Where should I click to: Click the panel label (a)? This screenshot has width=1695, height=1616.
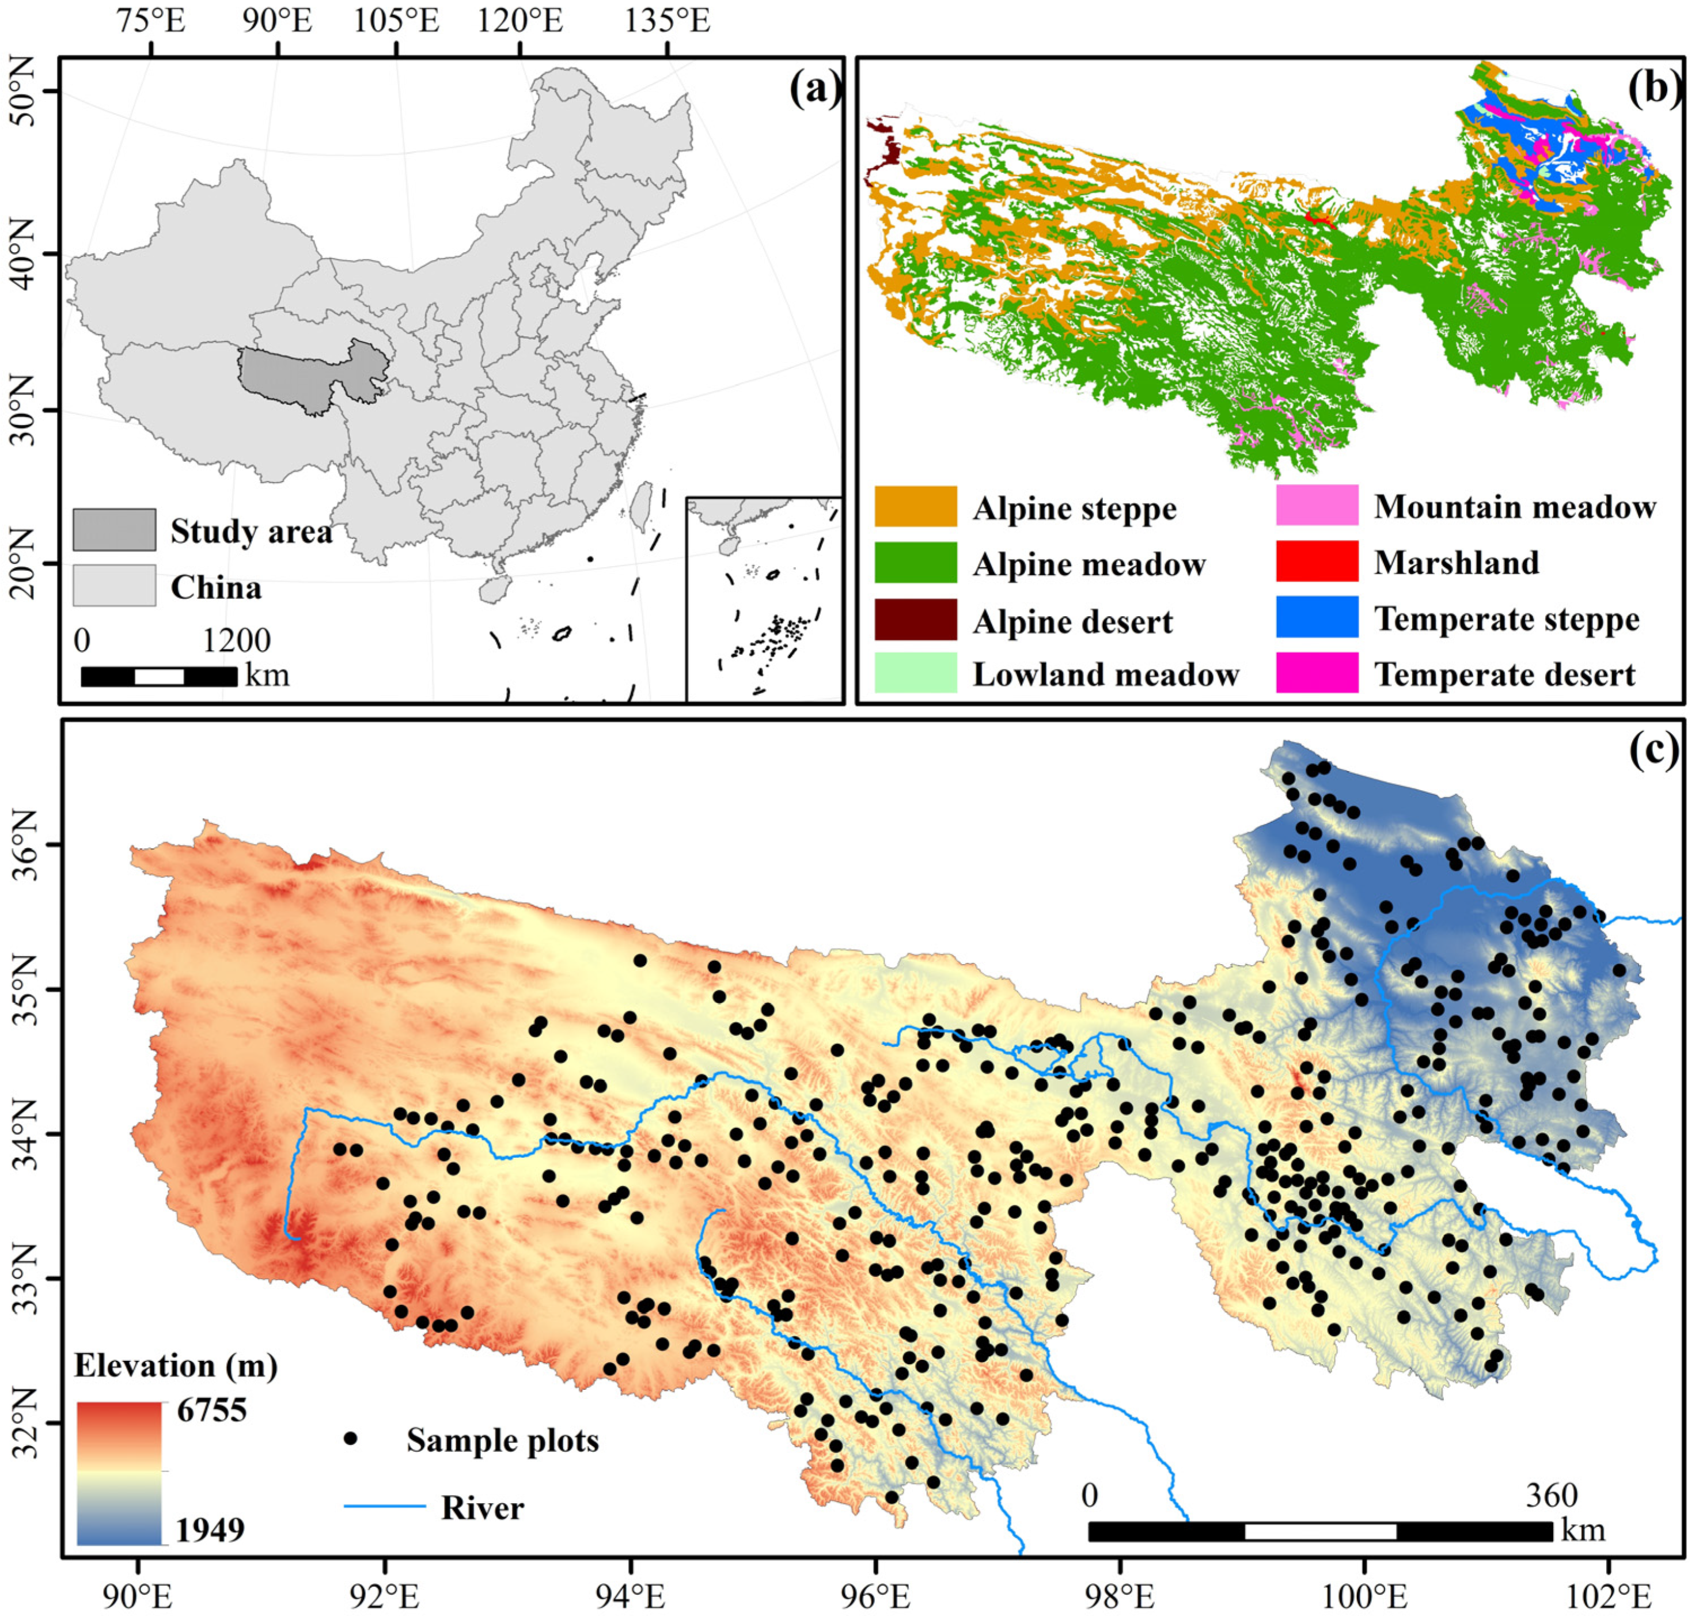tap(814, 89)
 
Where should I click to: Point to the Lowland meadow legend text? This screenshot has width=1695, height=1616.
tap(1105, 674)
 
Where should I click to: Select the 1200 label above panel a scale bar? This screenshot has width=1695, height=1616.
tap(236, 641)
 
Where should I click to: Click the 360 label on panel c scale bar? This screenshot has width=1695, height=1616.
tap(1552, 1496)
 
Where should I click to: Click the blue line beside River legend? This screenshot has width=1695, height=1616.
tap(385, 1507)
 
